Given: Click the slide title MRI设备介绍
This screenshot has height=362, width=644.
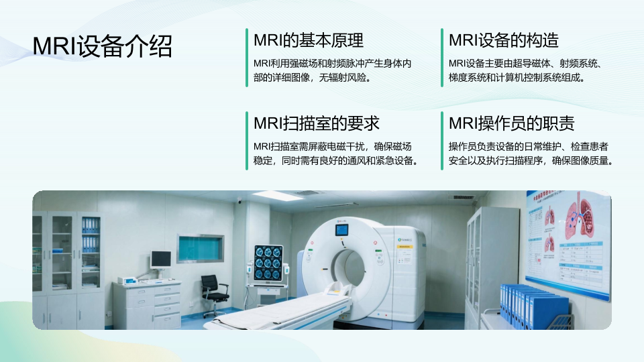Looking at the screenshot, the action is coord(102,46).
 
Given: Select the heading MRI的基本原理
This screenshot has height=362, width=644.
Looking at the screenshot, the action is coord(309,40).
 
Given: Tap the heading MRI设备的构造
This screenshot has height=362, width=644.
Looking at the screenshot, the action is coord(504,40).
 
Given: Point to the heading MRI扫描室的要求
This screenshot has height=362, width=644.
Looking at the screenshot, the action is coord(316,123).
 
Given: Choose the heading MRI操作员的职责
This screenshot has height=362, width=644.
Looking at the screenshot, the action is coord(511,123).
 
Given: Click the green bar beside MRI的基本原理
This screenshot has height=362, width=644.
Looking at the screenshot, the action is coord(247,58).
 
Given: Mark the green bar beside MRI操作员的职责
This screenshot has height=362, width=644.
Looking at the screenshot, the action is coord(442,141).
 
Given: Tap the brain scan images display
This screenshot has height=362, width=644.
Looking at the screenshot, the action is coord(268,263).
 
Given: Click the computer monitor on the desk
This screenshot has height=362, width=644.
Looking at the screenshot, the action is coord(161,259).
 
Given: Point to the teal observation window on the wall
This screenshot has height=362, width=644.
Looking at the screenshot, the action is coord(201,248).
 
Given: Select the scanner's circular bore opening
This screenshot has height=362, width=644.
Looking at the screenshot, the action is coord(348,267).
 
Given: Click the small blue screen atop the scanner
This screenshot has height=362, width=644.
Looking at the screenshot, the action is coord(341,229).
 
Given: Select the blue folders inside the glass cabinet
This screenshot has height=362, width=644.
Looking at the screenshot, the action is coord(91,235).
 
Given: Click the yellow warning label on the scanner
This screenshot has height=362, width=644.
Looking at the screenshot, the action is coord(405,247).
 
